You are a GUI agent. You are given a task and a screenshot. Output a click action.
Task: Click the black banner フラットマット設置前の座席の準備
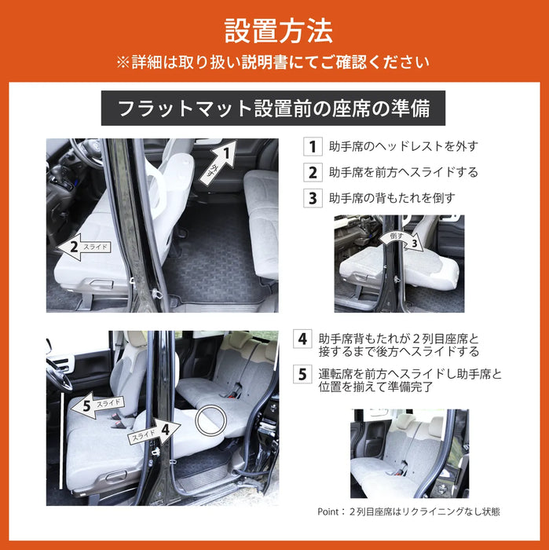point(273,108)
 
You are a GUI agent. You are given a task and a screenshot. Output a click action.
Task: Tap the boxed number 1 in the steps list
point(312,146)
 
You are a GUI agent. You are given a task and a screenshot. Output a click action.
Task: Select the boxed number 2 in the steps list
point(312,172)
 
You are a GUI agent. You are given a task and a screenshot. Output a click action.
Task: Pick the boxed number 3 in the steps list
point(312,198)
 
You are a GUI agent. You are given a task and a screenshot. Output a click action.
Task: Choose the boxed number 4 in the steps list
point(302,339)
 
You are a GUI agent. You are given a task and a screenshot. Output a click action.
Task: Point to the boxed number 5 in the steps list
point(302,374)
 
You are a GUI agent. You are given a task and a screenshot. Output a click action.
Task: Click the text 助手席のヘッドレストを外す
point(404,146)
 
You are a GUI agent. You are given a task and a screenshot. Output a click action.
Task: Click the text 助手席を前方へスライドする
point(404,172)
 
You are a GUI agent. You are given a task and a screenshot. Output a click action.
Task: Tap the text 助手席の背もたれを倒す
point(392,198)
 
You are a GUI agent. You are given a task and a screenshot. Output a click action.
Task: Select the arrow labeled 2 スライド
point(83,248)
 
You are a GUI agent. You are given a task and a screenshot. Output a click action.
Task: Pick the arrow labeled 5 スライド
point(94,405)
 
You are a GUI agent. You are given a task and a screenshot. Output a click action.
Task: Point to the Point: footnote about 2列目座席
point(408,511)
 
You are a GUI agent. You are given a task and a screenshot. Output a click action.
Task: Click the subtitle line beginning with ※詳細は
point(273,62)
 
